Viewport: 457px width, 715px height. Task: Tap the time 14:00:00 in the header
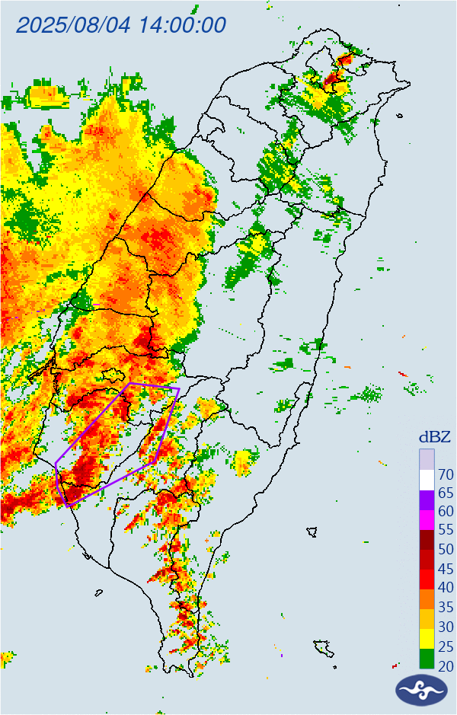point(182,25)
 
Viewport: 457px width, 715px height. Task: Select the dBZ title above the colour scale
point(435,437)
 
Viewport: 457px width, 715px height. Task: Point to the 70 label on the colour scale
point(446,474)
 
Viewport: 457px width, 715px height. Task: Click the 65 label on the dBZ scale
point(446,493)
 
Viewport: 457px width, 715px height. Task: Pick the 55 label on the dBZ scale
point(446,530)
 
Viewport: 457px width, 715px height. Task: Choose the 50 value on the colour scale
point(446,549)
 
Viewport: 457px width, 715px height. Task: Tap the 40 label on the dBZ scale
point(446,587)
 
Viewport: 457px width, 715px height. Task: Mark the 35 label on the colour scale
point(446,607)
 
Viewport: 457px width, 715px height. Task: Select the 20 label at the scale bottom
point(446,666)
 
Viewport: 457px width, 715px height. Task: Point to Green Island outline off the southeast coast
point(312,531)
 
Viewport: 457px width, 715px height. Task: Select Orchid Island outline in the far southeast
point(324,648)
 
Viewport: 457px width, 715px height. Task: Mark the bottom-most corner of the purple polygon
point(69,506)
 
